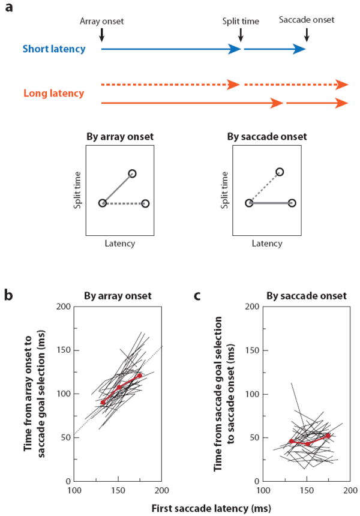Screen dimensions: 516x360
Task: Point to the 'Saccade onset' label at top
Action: (307, 20)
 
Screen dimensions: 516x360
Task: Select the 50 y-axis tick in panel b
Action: (66, 437)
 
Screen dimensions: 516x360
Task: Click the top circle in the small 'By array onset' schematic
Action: (132, 173)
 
